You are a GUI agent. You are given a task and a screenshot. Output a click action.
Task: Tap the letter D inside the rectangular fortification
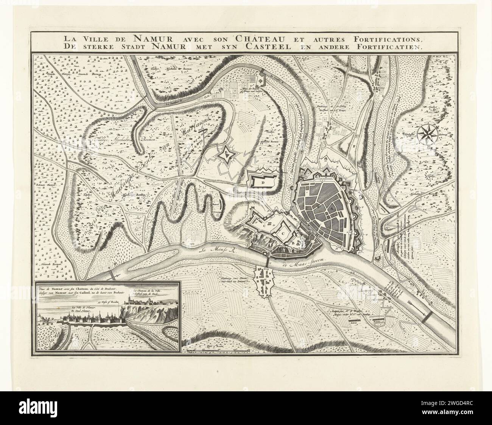tap(262, 182)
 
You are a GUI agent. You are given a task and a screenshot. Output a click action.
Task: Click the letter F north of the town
tap(354, 146)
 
